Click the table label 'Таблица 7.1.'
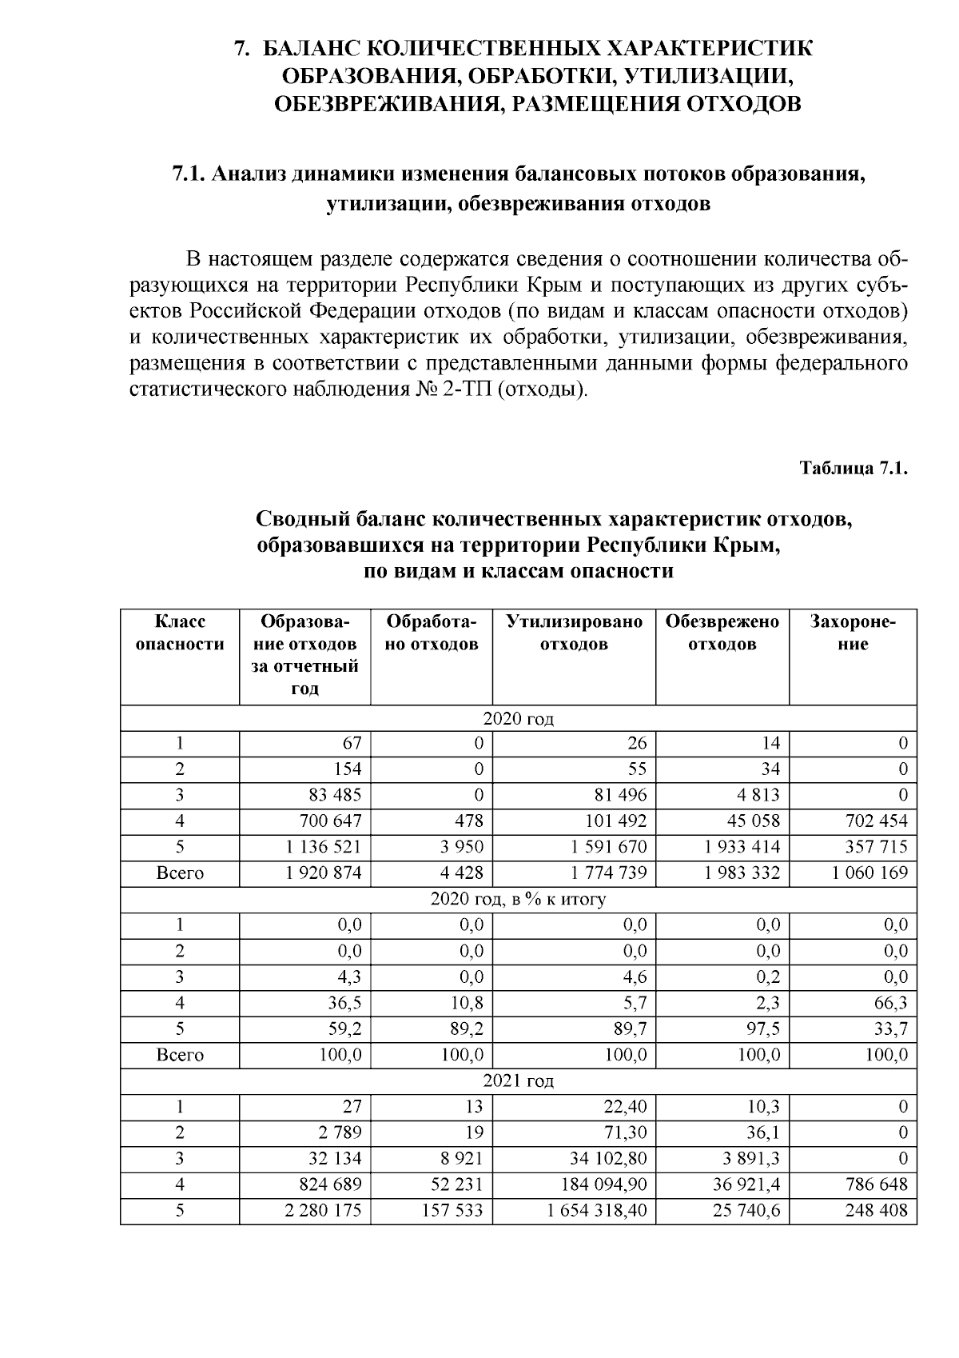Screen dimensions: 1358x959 click(x=854, y=469)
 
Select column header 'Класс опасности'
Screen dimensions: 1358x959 click(x=180, y=633)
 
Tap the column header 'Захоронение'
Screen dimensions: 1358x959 click(x=853, y=633)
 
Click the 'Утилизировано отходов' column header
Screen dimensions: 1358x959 click(x=574, y=633)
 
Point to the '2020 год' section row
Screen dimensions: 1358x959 click(x=518, y=718)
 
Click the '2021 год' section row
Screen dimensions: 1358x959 click(x=518, y=1081)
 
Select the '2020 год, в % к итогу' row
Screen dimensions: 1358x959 click(x=518, y=899)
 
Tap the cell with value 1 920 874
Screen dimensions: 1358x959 click(x=323, y=873)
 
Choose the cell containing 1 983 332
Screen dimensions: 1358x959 click(x=742, y=873)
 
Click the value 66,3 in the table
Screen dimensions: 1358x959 click(x=890, y=1003)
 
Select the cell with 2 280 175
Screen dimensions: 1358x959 click(x=323, y=1210)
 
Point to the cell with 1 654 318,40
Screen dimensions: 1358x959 click(x=596, y=1210)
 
